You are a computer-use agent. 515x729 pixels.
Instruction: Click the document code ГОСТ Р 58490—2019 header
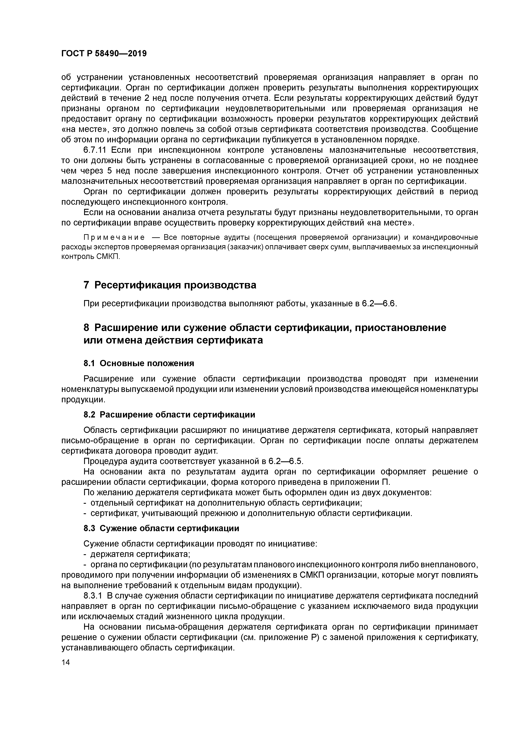(x=104, y=53)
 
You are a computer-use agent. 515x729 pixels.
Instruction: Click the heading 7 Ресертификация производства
(x=170, y=285)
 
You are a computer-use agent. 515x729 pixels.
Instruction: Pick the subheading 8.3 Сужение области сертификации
(x=161, y=528)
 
